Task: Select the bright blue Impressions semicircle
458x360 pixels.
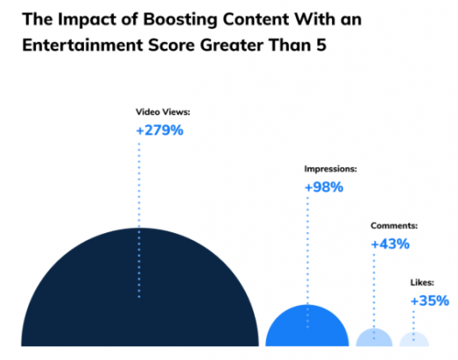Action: (306, 328)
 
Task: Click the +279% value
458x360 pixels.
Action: (160, 131)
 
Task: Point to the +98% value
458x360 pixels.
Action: (323, 187)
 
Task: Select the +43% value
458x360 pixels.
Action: (390, 244)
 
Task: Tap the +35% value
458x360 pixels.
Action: (429, 301)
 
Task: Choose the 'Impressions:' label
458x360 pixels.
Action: (332, 169)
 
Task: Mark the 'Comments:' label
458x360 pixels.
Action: (394, 226)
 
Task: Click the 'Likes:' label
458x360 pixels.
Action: (422, 283)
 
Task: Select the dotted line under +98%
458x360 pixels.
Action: (306, 249)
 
